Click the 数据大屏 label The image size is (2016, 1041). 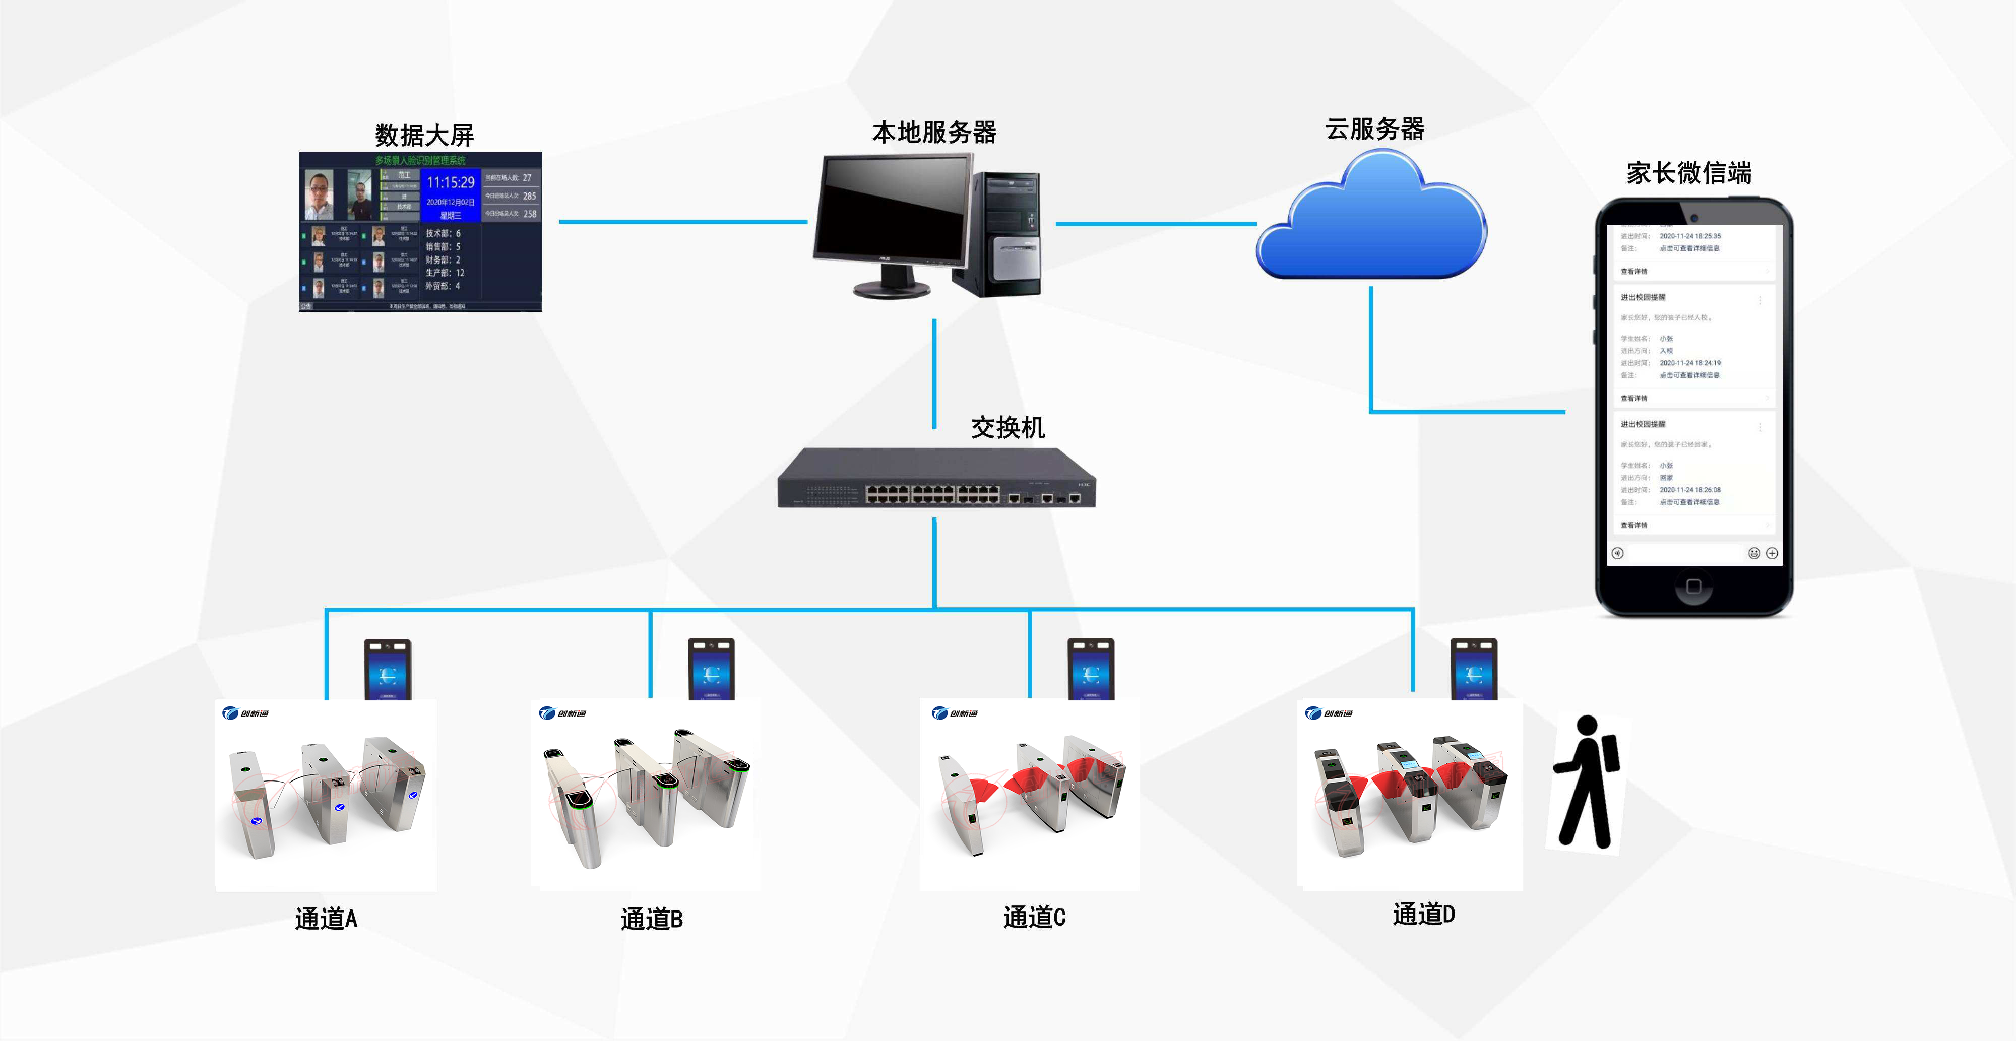coord(424,136)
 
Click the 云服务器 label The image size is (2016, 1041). coord(1374,129)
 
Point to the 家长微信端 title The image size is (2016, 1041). coord(1689,173)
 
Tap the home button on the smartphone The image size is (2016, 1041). coord(1693,586)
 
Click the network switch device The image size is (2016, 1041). coord(936,479)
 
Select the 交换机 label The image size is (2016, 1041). coord(1008,428)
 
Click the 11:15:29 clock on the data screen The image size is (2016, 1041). coord(450,182)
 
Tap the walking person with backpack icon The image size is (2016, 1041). coord(1587,782)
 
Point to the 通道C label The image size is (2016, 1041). coord(1034,917)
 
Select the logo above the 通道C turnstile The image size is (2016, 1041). coord(955,713)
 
